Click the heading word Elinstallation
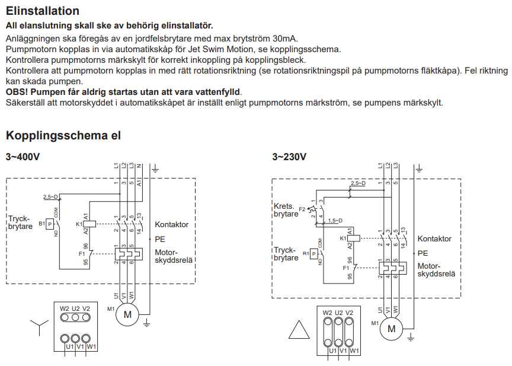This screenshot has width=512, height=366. (43, 11)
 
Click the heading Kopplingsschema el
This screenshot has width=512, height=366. (63, 135)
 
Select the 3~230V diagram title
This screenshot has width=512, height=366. (289, 157)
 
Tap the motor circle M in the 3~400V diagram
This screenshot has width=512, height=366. (127, 314)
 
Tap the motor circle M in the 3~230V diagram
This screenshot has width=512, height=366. (391, 327)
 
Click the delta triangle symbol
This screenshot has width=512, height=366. (298, 330)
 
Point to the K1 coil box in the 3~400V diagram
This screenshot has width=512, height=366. (87, 224)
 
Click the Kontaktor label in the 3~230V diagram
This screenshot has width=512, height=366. (434, 238)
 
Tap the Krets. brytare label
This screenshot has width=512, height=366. (286, 210)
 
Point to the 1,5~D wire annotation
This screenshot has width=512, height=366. (335, 221)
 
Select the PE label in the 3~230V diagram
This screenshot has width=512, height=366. (423, 253)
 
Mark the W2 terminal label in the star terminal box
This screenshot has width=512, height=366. (65, 308)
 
